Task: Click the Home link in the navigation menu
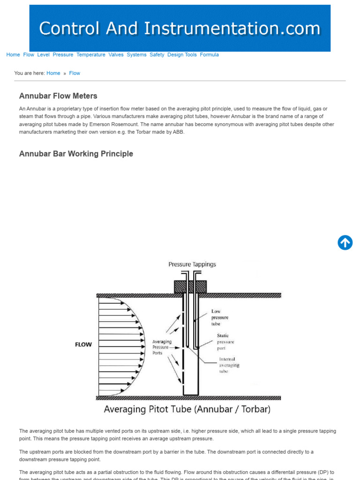(13, 55)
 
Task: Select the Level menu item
(43, 55)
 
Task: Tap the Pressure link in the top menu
(63, 55)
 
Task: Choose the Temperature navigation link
(91, 55)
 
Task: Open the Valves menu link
(116, 55)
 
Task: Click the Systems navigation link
(136, 55)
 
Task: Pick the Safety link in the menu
(157, 55)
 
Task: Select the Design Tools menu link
(182, 55)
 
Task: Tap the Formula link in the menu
(209, 55)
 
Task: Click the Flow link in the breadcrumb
(75, 73)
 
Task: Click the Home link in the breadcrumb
(53, 73)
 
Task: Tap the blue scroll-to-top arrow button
(345, 242)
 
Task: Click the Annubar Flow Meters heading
(58, 96)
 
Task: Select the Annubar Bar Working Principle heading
(76, 154)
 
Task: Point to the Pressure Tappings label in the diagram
(192, 264)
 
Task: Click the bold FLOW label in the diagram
(83, 345)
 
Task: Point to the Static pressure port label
(225, 342)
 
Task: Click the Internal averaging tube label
(229, 365)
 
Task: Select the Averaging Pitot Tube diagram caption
(187, 409)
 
